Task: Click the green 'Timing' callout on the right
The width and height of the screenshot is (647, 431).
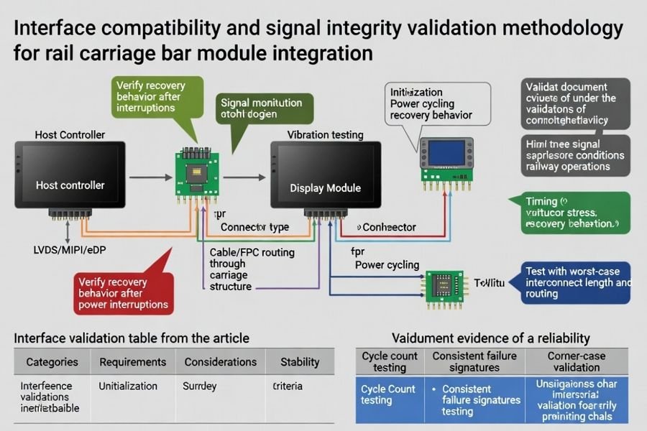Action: [x=572, y=213]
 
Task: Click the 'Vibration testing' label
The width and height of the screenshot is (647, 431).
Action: [x=325, y=135]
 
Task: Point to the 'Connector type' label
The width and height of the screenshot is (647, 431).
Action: [x=254, y=227]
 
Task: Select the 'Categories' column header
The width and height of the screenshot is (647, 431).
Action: [x=52, y=362]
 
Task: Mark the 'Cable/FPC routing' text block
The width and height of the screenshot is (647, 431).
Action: [x=240, y=269]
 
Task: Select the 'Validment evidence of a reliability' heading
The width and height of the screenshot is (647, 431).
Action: [x=490, y=338]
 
